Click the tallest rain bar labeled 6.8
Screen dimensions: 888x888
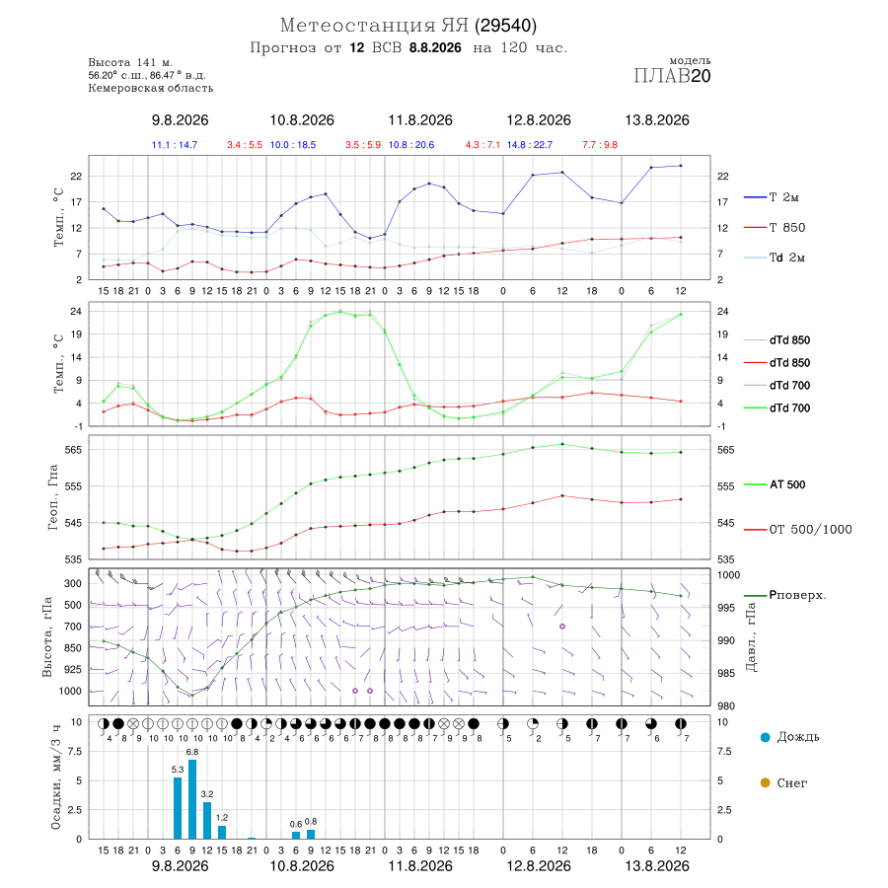click(x=192, y=799)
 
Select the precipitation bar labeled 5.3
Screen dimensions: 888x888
click(x=178, y=808)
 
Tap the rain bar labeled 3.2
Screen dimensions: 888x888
click(x=207, y=820)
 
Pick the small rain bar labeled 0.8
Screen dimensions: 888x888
click(x=311, y=834)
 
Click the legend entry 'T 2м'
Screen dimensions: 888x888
click(x=772, y=197)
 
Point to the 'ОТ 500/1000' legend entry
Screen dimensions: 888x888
click(x=797, y=529)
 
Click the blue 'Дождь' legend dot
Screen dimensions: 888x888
click(x=765, y=737)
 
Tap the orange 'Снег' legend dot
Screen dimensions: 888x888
click(x=765, y=782)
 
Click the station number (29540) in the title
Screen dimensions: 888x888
click(x=506, y=26)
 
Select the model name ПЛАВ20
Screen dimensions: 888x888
click(x=672, y=76)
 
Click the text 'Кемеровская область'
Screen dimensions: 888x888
click(x=151, y=88)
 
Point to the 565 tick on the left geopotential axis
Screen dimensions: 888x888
click(x=74, y=450)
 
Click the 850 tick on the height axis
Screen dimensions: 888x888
click(x=72, y=648)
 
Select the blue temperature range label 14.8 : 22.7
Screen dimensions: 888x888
click(x=530, y=145)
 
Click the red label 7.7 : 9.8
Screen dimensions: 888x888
click(x=600, y=145)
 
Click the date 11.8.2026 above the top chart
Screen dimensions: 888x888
click(x=420, y=120)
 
